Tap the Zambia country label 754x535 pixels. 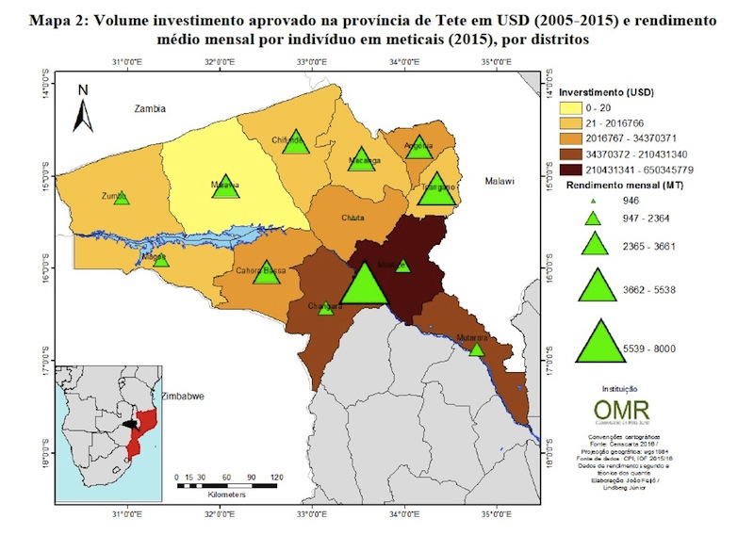click(x=150, y=108)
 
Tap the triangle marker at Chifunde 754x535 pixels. click(x=297, y=143)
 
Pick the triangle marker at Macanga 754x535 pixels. click(x=361, y=160)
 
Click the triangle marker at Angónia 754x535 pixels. click(x=419, y=147)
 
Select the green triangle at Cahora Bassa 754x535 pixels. click(x=267, y=273)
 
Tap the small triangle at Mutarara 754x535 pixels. click(x=476, y=349)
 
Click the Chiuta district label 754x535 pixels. click(x=353, y=218)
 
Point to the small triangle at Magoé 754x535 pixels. click(x=161, y=260)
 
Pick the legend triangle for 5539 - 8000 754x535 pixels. click(x=597, y=342)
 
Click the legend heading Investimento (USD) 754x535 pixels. click(x=606, y=93)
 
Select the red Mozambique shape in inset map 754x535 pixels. click(x=143, y=430)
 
